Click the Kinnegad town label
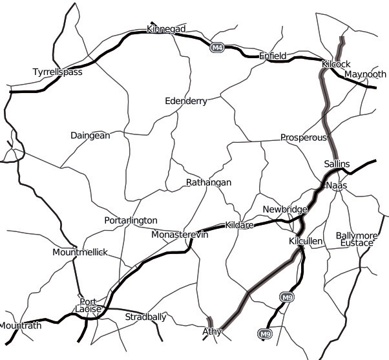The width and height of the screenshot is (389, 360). [x=167, y=30]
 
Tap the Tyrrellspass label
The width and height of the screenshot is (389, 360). [x=58, y=72]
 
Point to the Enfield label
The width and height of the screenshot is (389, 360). [x=273, y=56]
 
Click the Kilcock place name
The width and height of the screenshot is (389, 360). [x=335, y=65]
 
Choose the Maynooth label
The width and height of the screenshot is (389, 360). [x=365, y=74]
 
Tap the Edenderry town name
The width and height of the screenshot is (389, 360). [x=186, y=101]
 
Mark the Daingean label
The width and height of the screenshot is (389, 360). [x=90, y=136]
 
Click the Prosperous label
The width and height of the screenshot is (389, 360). [x=304, y=138]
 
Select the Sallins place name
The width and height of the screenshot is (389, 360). [x=337, y=164]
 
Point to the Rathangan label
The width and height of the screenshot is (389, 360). [x=208, y=183]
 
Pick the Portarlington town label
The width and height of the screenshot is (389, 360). [x=131, y=220]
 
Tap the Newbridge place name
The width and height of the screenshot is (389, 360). [x=284, y=209]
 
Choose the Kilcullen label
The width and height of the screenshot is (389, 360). [x=306, y=241]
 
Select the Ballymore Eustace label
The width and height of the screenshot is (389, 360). [x=356, y=239]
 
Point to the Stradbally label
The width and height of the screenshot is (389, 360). [x=145, y=317]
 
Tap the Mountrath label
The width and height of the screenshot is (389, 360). [x=21, y=326]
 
